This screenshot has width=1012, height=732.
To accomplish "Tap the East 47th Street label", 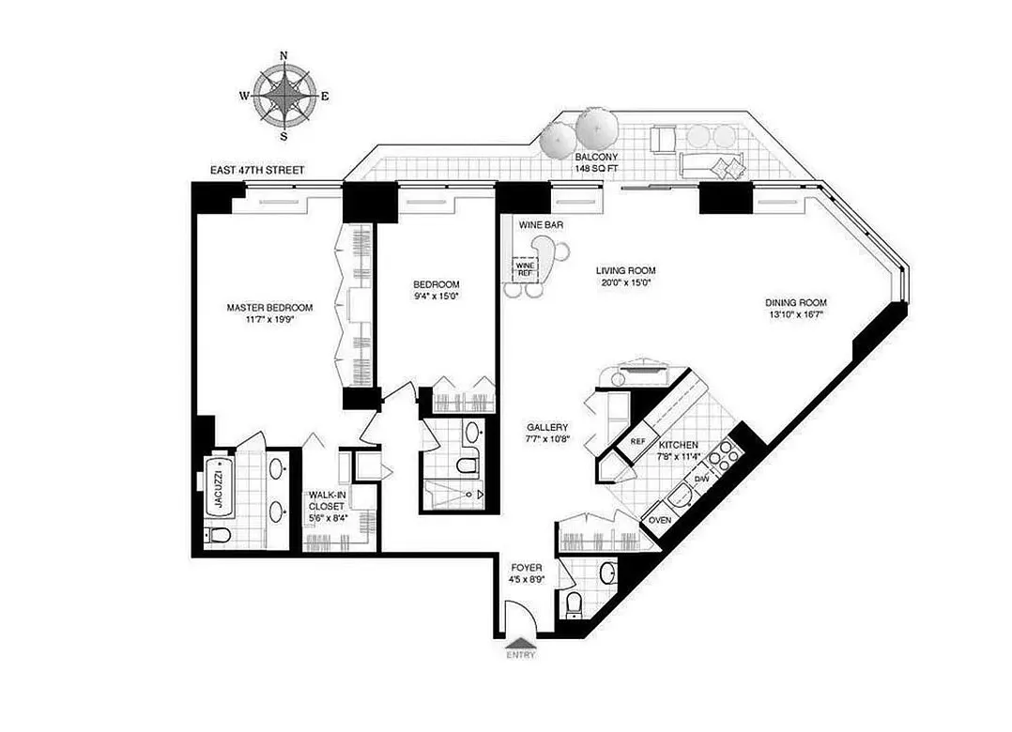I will click(x=259, y=170).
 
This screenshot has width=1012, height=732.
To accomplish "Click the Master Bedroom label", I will click(x=269, y=307).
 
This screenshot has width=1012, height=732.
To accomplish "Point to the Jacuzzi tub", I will click(x=218, y=487).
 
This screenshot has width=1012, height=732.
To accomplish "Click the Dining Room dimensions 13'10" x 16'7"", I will click(x=794, y=316).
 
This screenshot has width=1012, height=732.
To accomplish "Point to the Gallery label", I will click(x=547, y=427).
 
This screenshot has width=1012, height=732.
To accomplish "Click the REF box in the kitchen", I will click(x=638, y=441).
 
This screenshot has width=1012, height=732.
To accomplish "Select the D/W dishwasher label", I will click(x=701, y=480).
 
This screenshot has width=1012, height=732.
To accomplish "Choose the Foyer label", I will click(x=524, y=568).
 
